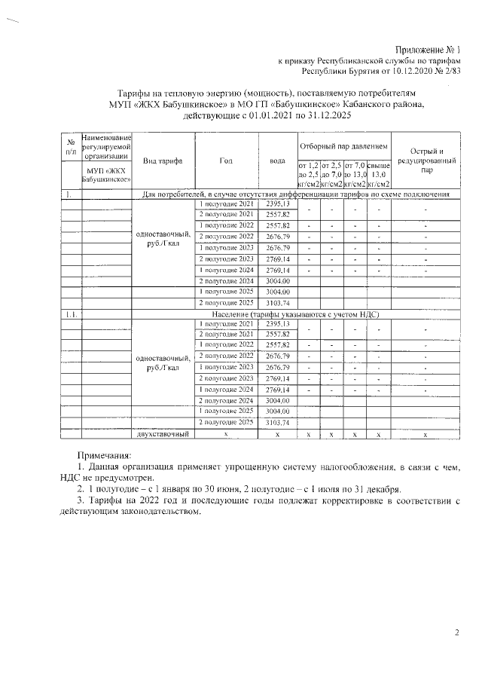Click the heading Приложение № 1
tap(429, 48)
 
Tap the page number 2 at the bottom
tap(456, 632)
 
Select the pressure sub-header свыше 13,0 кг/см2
tap(378, 174)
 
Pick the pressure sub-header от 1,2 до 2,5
tap(309, 174)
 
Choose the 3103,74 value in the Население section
tap(277, 423)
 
